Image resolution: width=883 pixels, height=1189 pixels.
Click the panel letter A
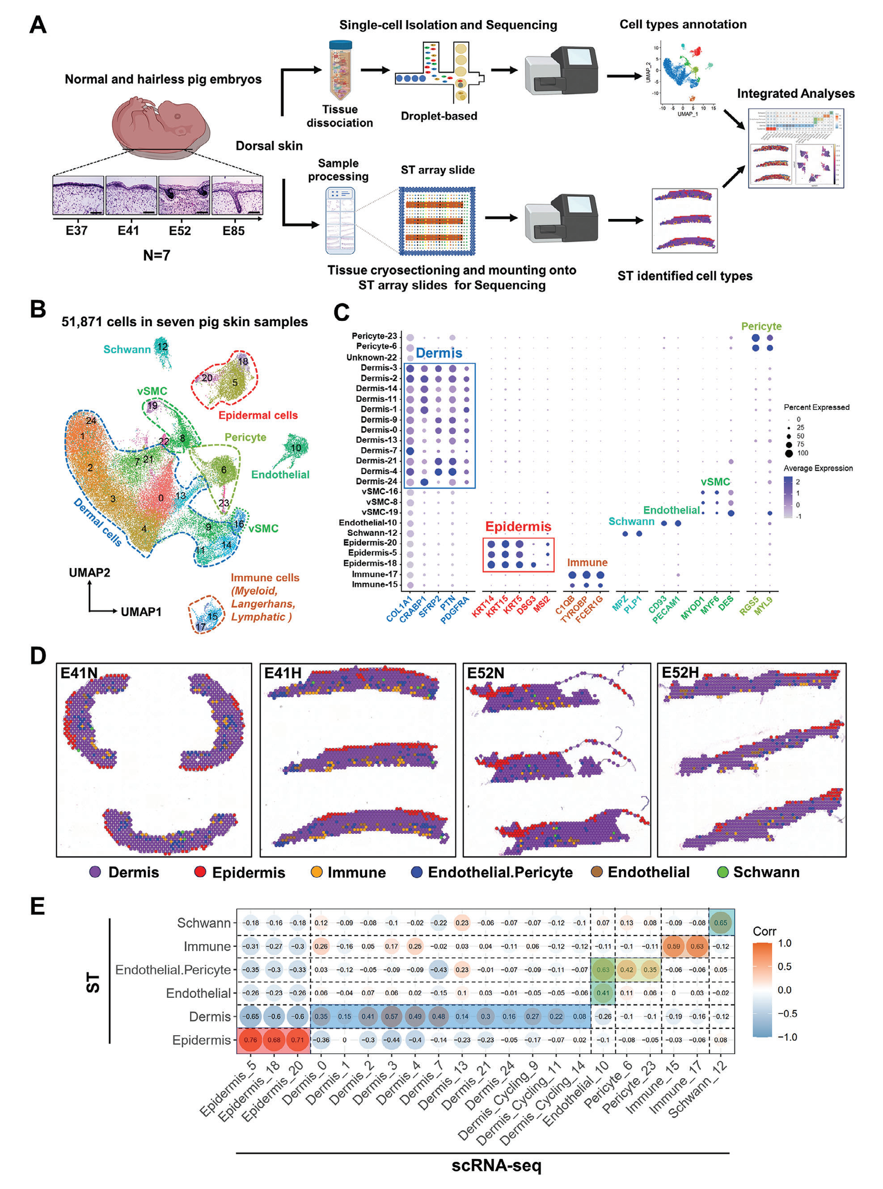pos(38,25)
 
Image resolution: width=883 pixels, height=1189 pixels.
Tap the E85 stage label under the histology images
pos(233,231)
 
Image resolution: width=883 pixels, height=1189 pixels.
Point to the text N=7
pos(156,255)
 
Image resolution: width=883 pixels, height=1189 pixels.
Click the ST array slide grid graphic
pos(437,221)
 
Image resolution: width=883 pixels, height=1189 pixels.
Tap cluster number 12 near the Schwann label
pos(162,346)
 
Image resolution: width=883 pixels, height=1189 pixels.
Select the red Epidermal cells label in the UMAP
pos(258,415)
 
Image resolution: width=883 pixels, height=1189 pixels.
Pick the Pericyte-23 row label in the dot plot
pos(374,336)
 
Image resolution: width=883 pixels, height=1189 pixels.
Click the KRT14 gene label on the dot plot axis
pos(483,607)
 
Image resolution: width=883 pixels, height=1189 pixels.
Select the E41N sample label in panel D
pos(79,673)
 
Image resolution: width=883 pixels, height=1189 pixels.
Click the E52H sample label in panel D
pos(680,673)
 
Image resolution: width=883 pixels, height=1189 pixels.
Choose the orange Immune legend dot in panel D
pos(317,872)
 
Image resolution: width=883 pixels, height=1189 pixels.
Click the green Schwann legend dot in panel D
pos(722,872)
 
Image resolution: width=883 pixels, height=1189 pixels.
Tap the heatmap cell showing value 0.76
pos(250,1039)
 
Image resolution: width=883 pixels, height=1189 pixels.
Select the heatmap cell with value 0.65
pos(721,922)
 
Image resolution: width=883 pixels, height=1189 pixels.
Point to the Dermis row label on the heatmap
pos(210,1017)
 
